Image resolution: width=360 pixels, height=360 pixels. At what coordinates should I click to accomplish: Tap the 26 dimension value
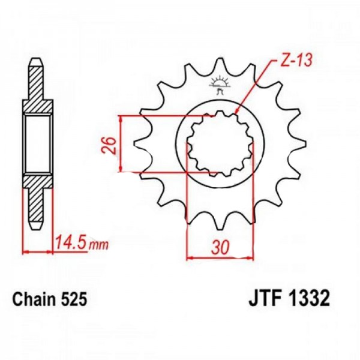pos(109,145)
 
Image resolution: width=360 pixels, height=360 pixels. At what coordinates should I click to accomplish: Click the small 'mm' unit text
pos(98,245)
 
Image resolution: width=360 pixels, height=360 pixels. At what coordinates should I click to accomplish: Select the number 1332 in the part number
pos(308,298)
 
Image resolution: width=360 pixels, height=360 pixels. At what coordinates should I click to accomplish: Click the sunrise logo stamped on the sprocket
pos(220,84)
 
